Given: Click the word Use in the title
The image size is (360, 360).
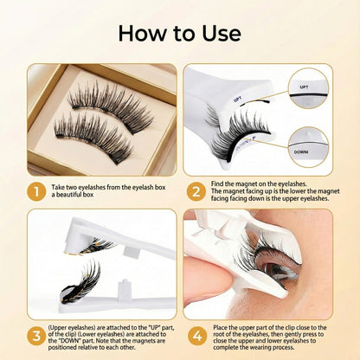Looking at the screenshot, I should (217, 34).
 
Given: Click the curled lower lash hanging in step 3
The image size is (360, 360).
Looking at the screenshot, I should (74, 285).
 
